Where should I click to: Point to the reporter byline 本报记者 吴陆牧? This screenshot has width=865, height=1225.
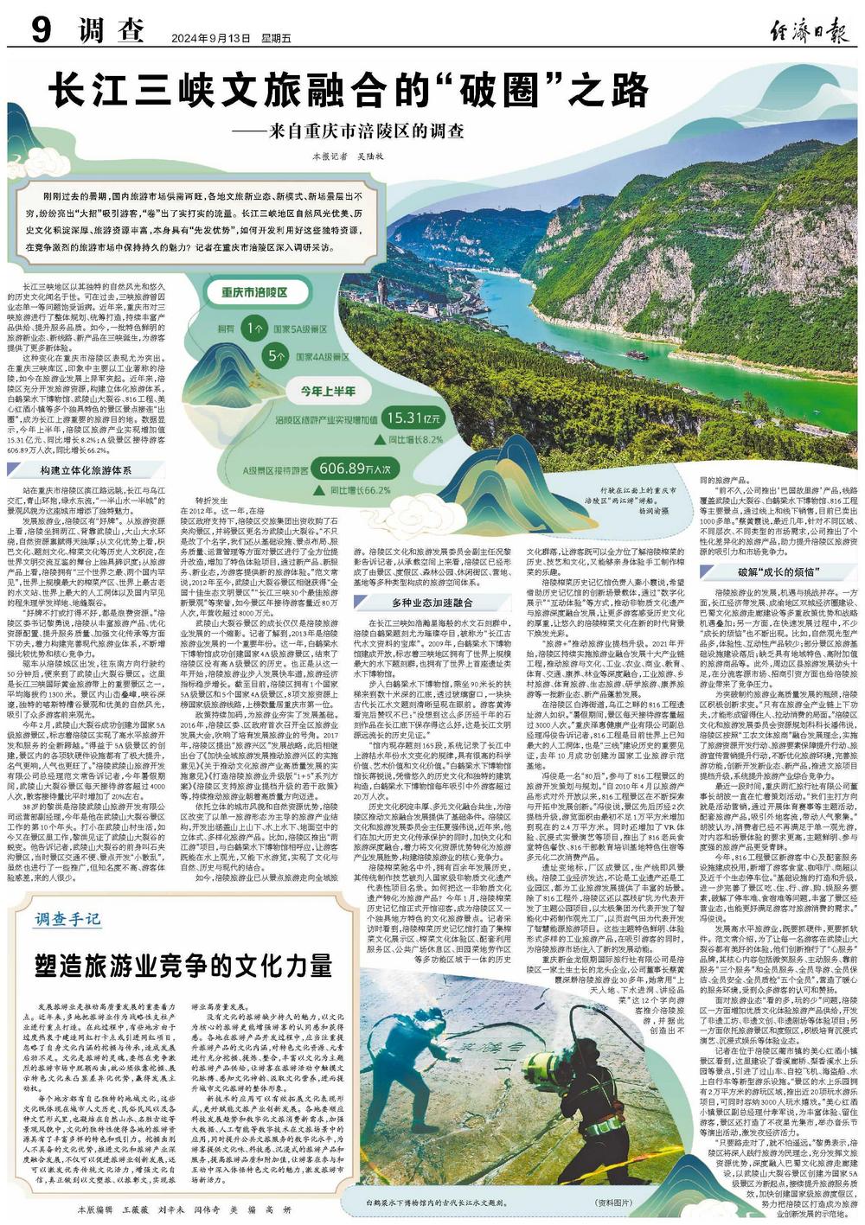click(x=341, y=157)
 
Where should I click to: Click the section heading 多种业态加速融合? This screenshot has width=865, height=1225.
click(x=432, y=578)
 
